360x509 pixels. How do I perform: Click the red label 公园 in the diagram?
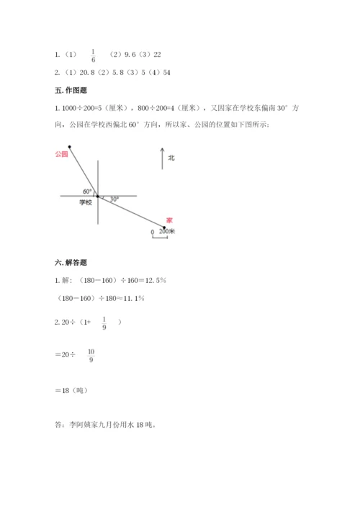pyautogui.click(x=60, y=154)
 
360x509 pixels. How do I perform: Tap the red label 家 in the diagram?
pyautogui.click(x=169, y=220)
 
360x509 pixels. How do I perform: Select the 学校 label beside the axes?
pyautogui.click(x=86, y=203)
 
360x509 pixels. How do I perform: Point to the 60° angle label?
pyautogui.click(x=87, y=191)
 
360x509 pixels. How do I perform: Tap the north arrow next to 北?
pyautogui.click(x=163, y=159)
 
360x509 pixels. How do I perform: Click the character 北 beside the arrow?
pyautogui.click(x=171, y=157)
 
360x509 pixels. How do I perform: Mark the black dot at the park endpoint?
pyautogui.click(x=70, y=146)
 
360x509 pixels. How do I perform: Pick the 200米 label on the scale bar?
pyautogui.click(x=167, y=232)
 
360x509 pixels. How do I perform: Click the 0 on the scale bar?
pyautogui.click(x=152, y=232)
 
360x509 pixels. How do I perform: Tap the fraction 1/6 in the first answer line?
pyautogui.click(x=93, y=55)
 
